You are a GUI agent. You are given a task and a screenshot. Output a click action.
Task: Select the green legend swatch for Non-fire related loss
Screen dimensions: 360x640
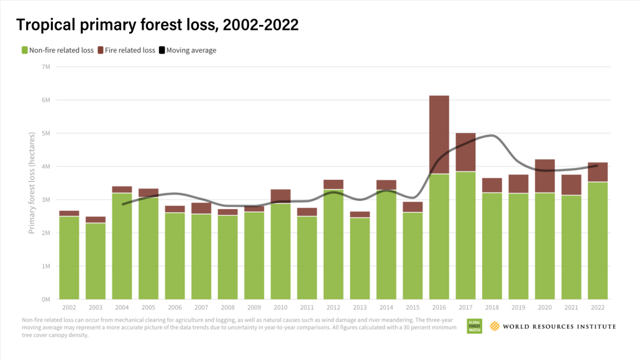click(x=25, y=50)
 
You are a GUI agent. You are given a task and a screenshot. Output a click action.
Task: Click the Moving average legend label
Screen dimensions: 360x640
click(x=191, y=50)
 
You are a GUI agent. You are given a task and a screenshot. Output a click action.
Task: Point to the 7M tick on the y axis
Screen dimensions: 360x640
click(x=46, y=67)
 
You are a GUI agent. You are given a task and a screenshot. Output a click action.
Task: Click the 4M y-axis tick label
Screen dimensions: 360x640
click(x=46, y=166)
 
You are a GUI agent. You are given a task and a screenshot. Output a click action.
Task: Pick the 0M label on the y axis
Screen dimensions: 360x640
click(x=46, y=299)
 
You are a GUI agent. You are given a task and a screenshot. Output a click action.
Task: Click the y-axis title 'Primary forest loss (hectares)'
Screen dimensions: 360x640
click(x=31, y=183)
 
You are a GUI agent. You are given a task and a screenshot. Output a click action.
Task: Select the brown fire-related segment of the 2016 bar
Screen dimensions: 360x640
click(x=439, y=134)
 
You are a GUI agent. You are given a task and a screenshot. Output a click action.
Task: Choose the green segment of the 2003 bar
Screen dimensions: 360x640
click(x=96, y=261)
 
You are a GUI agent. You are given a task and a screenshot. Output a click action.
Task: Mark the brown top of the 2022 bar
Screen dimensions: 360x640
click(x=597, y=172)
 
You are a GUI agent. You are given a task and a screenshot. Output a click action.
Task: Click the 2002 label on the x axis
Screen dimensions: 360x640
click(x=69, y=307)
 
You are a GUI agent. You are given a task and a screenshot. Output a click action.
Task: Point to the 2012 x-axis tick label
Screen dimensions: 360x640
click(x=333, y=307)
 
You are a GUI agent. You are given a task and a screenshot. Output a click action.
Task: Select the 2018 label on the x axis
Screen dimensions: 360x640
click(x=491, y=307)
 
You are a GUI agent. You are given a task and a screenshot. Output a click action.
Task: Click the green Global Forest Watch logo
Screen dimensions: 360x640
click(x=475, y=326)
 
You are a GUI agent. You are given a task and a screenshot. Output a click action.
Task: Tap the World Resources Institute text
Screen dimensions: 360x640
click(x=559, y=326)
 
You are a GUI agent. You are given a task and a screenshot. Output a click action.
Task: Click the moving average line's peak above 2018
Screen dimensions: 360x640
click(x=491, y=136)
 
